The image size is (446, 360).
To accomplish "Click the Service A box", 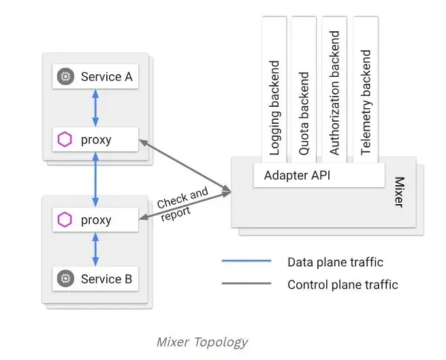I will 95,77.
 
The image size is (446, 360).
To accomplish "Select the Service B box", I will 95,278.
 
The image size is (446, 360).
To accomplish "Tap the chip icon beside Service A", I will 65,77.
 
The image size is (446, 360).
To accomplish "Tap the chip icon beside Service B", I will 65,278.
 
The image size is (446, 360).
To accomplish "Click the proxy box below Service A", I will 95,140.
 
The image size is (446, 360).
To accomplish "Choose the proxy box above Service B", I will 95,220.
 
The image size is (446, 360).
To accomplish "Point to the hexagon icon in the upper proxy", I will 65,140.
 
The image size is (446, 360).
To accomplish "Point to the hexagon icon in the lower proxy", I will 65,220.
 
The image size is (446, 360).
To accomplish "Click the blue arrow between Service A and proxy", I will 95,108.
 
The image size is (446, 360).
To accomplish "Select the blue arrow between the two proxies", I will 95,180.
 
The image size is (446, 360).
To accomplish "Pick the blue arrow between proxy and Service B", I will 95,249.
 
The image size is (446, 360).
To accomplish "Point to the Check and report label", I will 180,203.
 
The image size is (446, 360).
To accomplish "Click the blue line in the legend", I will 246,261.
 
